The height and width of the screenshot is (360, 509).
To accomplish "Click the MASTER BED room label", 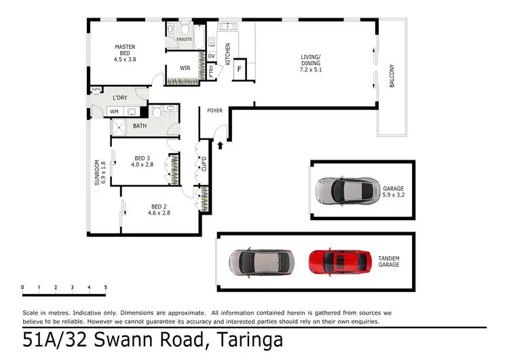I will (x=125, y=48).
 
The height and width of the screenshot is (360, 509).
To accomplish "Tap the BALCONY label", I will (x=392, y=75).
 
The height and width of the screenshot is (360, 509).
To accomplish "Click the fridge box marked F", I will (x=239, y=69).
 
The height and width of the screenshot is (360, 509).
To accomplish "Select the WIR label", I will (x=185, y=68).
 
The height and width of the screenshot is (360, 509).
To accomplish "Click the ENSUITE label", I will (x=184, y=39).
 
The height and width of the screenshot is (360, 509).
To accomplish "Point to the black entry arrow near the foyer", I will (x=219, y=144).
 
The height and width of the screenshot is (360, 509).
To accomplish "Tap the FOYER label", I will (x=214, y=110).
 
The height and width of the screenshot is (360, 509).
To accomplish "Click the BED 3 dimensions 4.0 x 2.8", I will (x=143, y=164).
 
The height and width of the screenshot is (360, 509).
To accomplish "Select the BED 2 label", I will (x=159, y=206).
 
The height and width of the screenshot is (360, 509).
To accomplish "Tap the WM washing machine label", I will (x=114, y=111).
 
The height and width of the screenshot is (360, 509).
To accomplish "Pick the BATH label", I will (x=139, y=126).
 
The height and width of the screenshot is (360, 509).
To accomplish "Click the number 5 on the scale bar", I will (x=105, y=287).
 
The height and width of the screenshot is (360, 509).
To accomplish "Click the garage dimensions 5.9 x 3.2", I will (x=393, y=195).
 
